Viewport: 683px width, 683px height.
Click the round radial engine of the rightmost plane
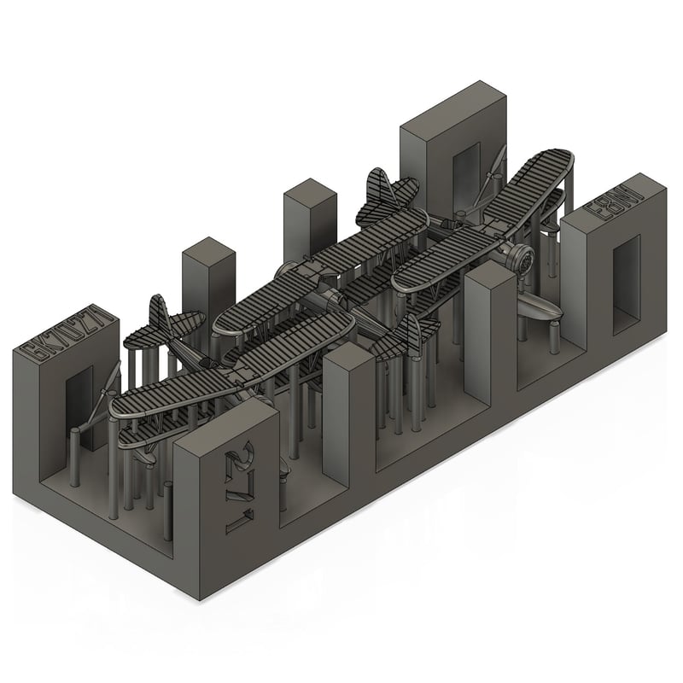(x=519, y=259)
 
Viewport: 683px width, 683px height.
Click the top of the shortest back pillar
(x=208, y=248)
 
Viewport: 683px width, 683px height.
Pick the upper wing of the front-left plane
(x=231, y=359)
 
